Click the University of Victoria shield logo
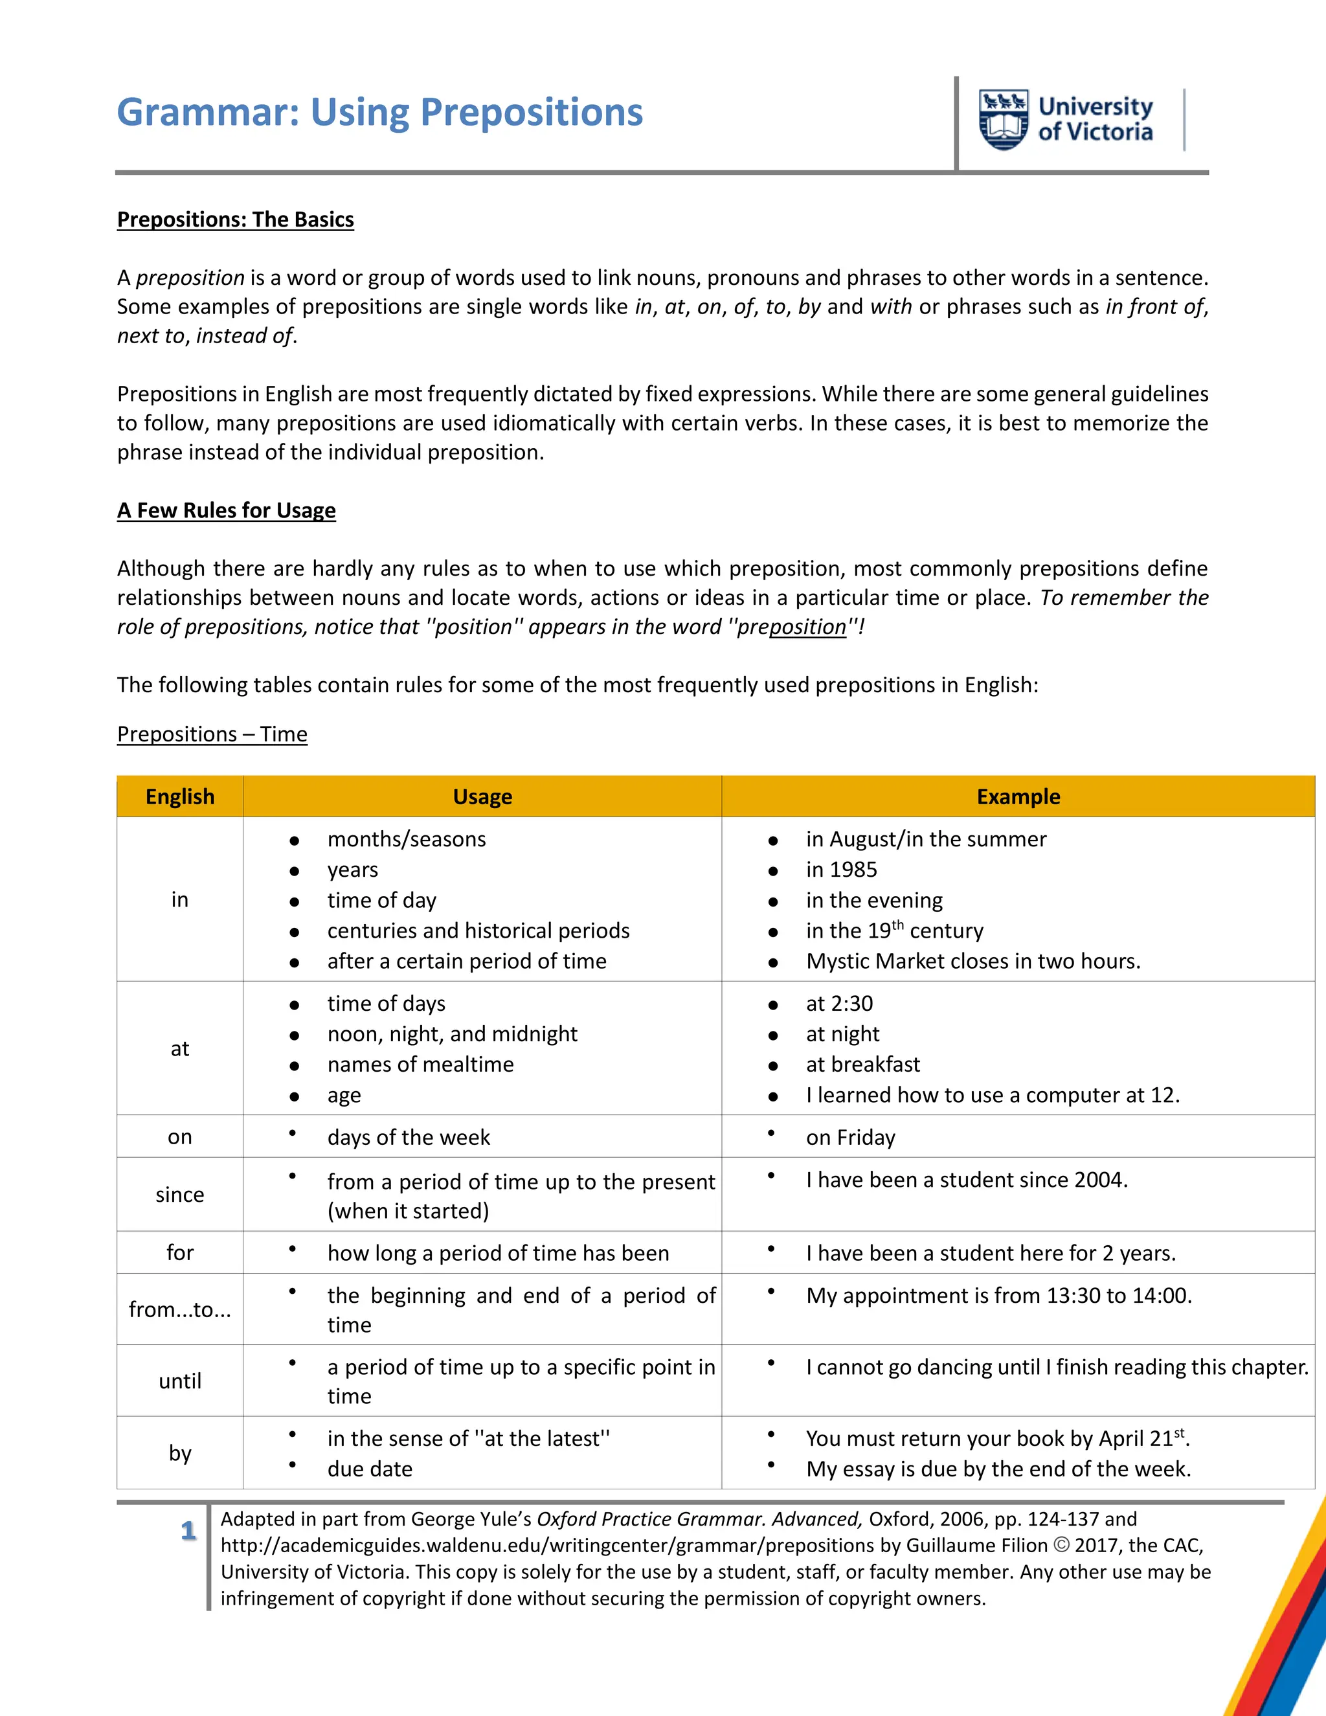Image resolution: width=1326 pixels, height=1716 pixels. click(1003, 119)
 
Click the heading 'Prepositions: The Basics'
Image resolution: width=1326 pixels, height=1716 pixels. click(236, 220)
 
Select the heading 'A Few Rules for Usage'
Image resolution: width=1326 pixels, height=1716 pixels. click(226, 511)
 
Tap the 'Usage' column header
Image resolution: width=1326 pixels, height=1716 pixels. click(482, 796)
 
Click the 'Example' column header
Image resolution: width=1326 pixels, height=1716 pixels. click(1018, 796)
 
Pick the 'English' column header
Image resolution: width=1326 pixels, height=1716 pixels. click(180, 796)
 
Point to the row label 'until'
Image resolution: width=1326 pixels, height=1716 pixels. click(180, 1381)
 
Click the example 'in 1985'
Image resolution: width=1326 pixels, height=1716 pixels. click(841, 870)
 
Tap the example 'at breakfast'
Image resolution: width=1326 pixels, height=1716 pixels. click(862, 1065)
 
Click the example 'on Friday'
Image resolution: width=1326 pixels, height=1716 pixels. click(851, 1138)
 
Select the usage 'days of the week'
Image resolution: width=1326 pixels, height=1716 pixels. click(409, 1138)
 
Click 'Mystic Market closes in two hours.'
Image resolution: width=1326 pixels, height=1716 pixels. click(973, 961)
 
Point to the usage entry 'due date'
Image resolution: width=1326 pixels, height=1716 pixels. click(370, 1469)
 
